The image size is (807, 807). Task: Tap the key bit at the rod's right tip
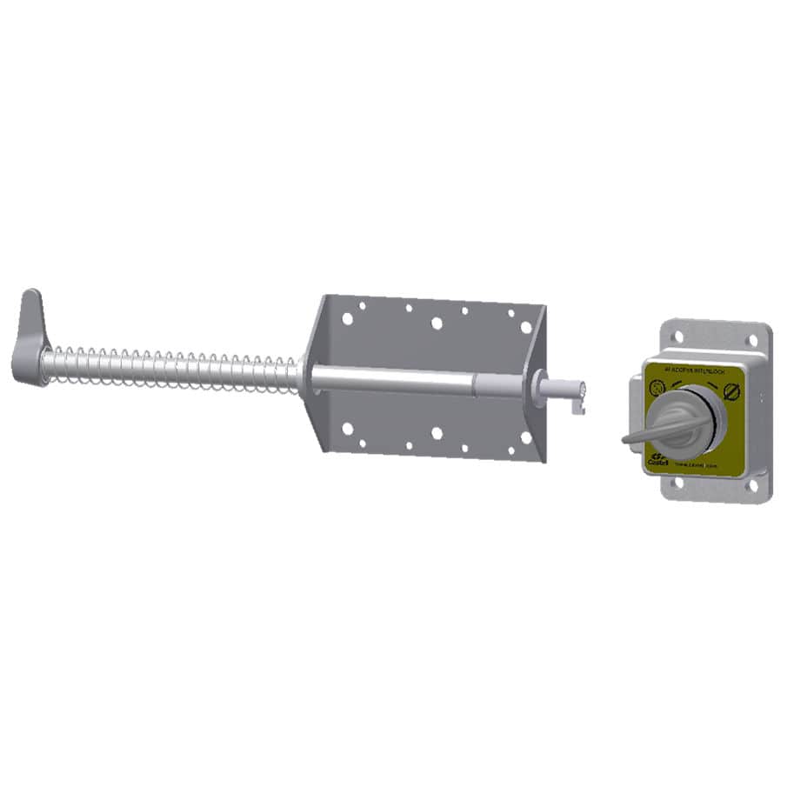point(577,402)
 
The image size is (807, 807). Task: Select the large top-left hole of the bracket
point(347,318)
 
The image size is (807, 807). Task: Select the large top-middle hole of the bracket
point(437,323)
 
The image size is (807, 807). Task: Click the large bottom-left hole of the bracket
point(347,429)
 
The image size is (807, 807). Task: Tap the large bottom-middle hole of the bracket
point(437,433)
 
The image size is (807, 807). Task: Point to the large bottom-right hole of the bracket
point(525,437)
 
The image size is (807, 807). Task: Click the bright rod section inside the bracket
point(391,379)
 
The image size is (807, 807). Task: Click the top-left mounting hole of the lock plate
point(677,337)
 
